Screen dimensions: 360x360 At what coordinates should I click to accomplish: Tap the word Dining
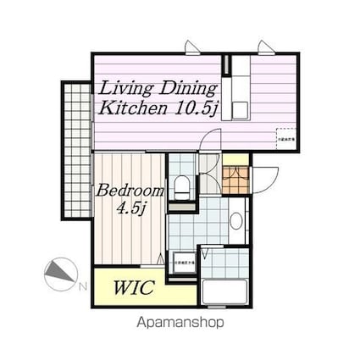pyautogui.click(x=188, y=87)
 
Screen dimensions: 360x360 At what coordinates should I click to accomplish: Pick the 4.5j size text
pyautogui.click(x=130, y=208)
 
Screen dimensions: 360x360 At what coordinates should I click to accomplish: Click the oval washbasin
pyautogui.click(x=236, y=221)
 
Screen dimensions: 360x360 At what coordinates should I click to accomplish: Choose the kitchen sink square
pyautogui.click(x=239, y=108)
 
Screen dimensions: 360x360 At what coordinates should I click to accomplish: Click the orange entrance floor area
pyautogui.click(x=235, y=180)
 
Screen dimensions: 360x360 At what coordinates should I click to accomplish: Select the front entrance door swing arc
pyautogui.click(x=266, y=179)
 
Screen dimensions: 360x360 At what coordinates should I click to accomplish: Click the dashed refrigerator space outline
pyautogui.click(x=285, y=139)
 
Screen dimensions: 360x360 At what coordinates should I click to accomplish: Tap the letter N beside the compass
pyautogui.click(x=82, y=287)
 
